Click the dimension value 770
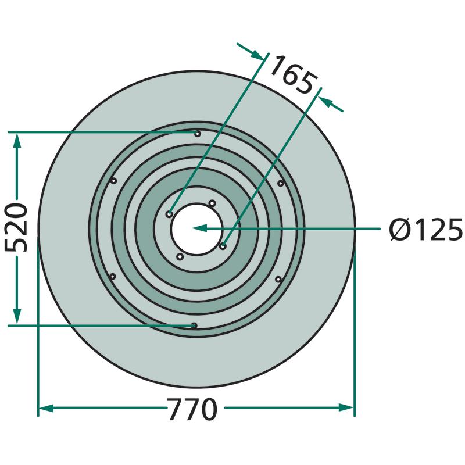coord(192,409)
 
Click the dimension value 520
coord(16,227)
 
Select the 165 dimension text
coord(294,74)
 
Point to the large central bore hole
coord(197,229)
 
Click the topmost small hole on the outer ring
coord(198,134)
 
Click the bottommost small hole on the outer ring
coord(194,326)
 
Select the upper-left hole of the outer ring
coord(113,181)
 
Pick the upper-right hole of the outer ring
coord(281,183)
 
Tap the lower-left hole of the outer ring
coord(112,277)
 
